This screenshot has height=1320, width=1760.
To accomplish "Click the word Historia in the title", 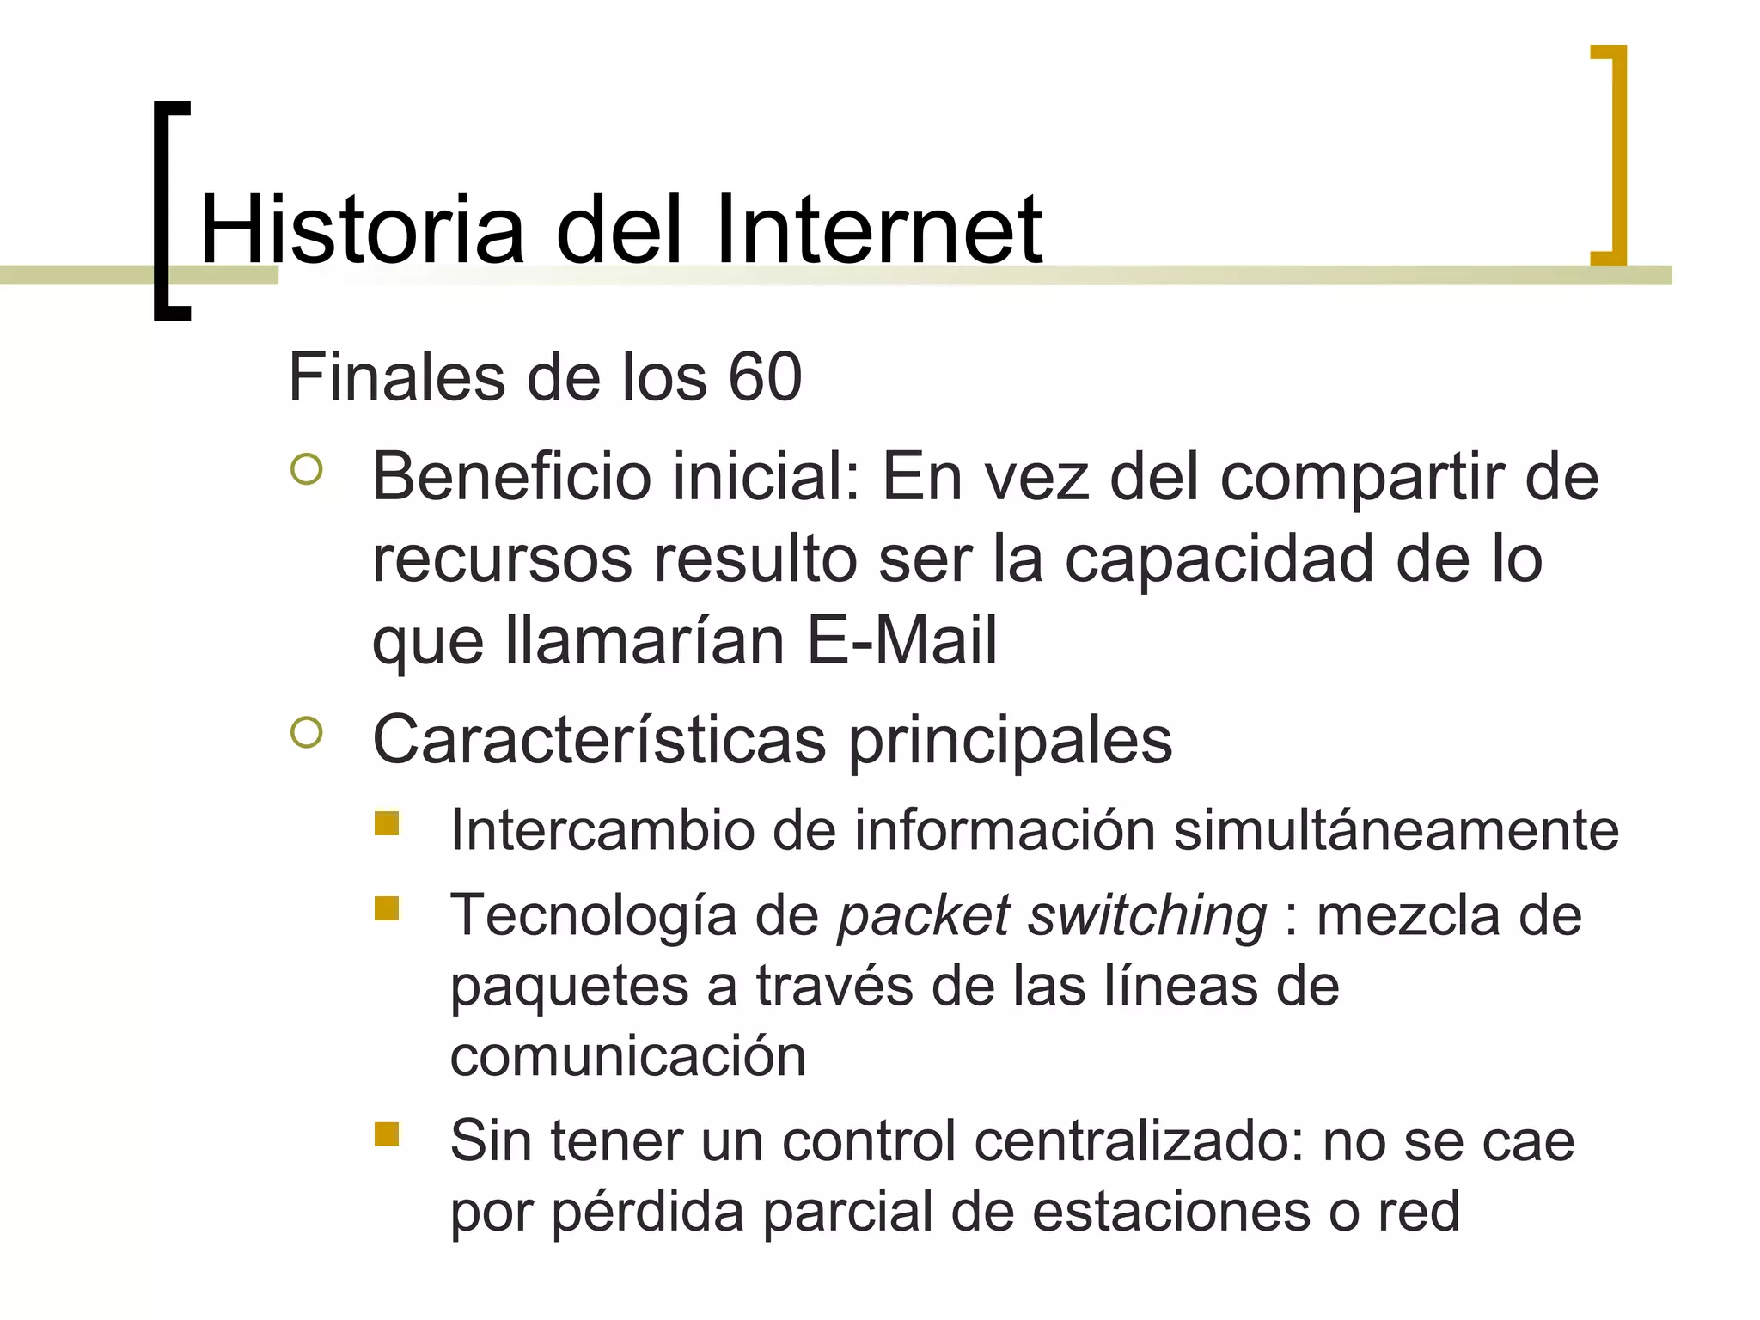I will pos(362,229).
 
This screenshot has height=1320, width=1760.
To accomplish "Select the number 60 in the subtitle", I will pos(765,377).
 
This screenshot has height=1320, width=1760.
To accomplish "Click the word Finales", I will pos(397,377).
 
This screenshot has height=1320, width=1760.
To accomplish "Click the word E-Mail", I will pos(901,640).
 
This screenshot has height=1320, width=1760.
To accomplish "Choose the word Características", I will pos(599,740).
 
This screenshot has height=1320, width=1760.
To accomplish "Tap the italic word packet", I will pos(924,916).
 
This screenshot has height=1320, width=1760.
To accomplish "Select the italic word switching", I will pos(1147,916).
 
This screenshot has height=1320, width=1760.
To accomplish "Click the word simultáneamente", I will pos(1396,831).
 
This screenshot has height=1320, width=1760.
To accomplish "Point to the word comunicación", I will pos(628,1056).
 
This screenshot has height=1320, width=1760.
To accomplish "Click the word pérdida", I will pos(648,1212).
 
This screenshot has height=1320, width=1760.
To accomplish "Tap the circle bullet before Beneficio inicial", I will pos(307,469).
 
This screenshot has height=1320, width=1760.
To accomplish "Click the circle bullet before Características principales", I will pos(307,732).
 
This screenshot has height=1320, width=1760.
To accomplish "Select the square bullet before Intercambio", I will pos(387,823).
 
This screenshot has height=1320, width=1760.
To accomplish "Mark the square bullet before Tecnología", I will pos(387,908).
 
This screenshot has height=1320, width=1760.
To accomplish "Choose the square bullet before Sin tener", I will pos(387,1134).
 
